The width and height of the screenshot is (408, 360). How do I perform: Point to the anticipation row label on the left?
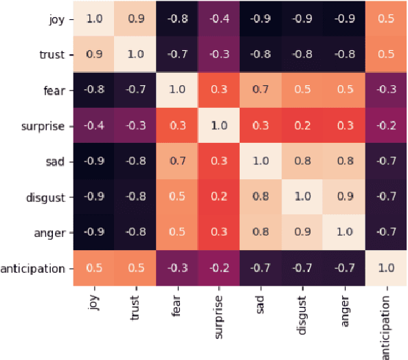[32, 268]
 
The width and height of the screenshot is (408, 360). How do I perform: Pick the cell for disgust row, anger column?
[343, 197]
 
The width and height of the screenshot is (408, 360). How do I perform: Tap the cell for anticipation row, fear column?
[177, 268]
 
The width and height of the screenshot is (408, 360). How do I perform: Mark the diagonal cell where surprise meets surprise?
[218, 126]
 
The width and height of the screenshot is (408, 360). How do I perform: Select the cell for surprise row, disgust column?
[302, 126]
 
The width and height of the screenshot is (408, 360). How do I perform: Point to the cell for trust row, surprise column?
[218, 55]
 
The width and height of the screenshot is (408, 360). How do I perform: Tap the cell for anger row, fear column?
[177, 232]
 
